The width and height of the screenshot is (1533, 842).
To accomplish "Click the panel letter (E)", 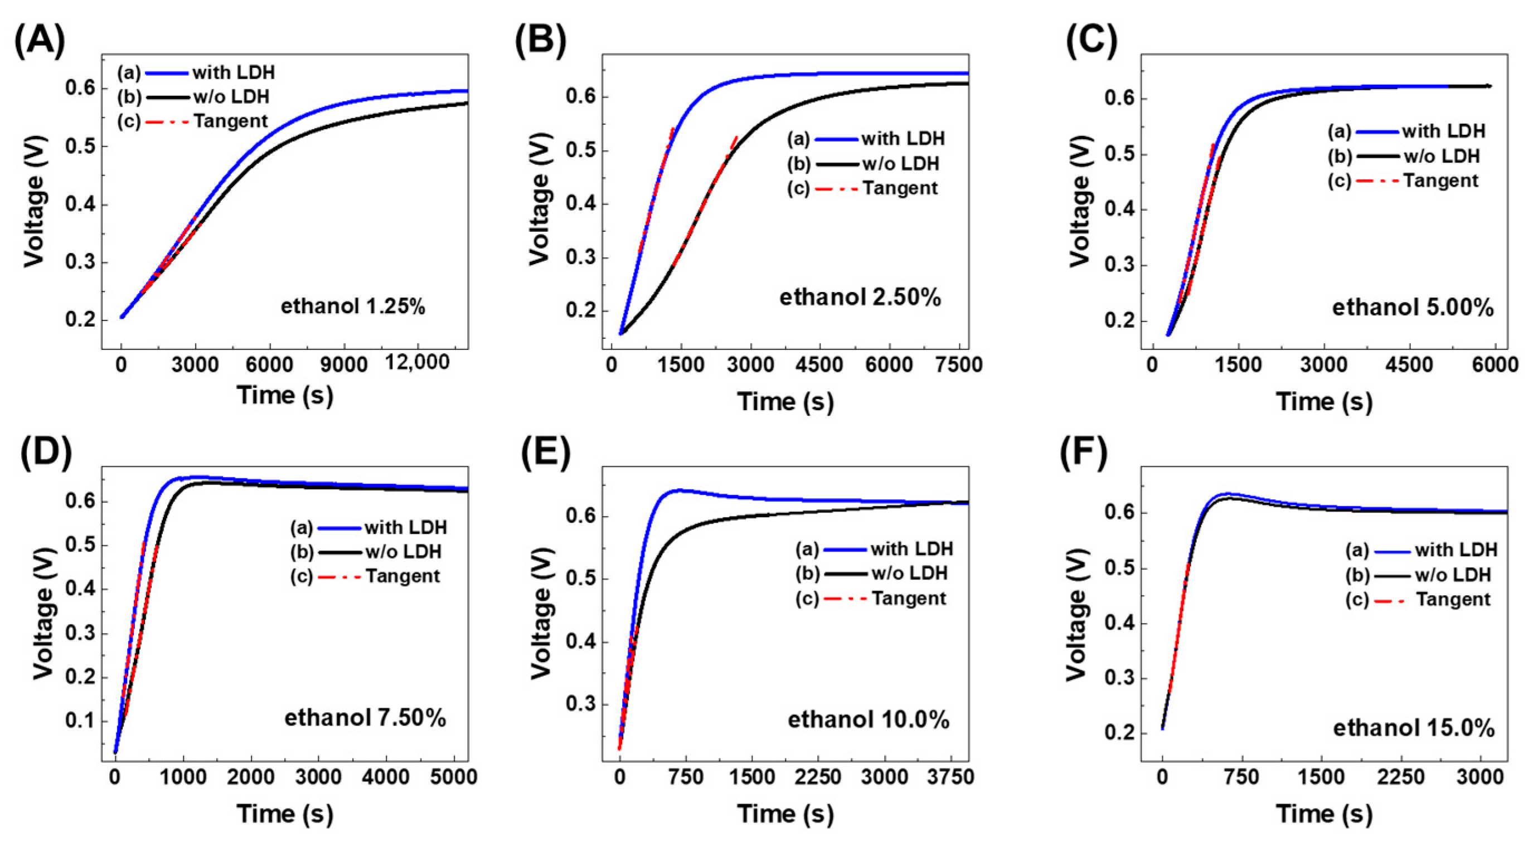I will click(x=545, y=453).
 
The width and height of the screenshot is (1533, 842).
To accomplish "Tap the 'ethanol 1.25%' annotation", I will click(x=353, y=306).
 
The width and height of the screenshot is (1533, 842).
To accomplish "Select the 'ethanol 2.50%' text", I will click(x=860, y=296).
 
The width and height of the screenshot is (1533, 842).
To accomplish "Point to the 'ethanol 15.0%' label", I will click(x=1413, y=728).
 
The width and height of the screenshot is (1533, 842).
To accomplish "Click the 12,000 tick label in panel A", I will click(x=417, y=362).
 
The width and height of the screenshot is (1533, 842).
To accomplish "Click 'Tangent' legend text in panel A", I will click(x=231, y=121).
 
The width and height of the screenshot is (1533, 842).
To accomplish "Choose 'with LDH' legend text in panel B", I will click(x=903, y=139).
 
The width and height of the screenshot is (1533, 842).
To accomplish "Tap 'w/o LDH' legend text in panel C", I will click(x=1442, y=156).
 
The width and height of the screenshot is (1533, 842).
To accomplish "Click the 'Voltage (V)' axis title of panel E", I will click(x=541, y=613).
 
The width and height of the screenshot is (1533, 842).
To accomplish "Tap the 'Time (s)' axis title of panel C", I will click(x=1324, y=402).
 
